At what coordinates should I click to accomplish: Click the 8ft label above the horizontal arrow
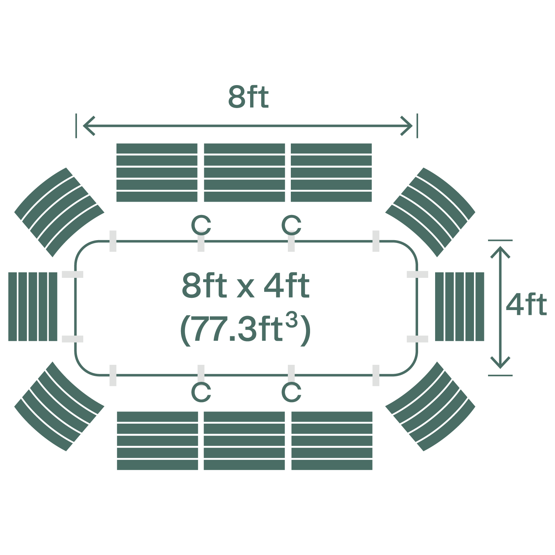pos(248,97)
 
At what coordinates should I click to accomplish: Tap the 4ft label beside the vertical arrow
pos(526,305)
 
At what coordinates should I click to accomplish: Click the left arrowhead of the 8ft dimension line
pos(87,126)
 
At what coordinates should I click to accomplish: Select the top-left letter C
pos(201,225)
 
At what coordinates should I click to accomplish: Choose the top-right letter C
pos(291,225)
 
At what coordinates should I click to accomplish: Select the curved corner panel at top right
pos(430,212)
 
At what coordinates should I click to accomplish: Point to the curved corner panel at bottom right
pos(430,406)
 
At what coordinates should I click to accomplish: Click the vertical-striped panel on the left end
pos(33,306)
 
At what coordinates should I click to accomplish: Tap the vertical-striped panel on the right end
pos(460,306)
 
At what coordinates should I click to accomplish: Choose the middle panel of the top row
pos(244,172)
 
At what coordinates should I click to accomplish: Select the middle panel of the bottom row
pos(244,440)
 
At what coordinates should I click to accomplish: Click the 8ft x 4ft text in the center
pos(245,286)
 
